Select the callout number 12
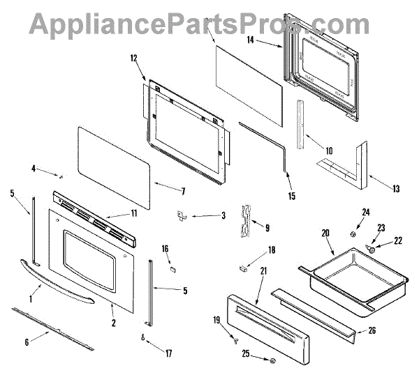click(x=134, y=60)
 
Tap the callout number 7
click(x=183, y=190)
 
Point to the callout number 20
click(x=323, y=234)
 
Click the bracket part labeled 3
click(x=179, y=215)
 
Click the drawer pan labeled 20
click(x=342, y=276)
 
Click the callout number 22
click(x=399, y=240)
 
